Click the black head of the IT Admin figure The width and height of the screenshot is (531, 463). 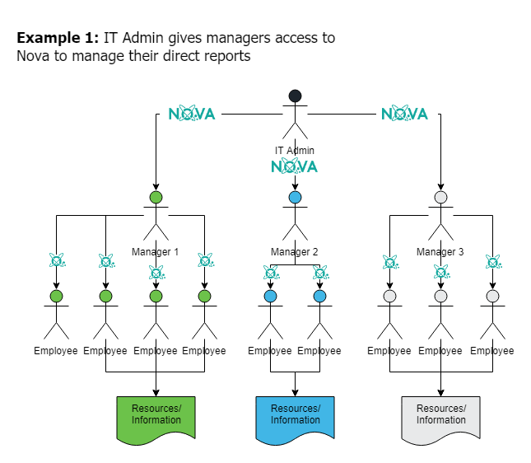295,96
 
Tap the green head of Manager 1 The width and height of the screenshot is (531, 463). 156,198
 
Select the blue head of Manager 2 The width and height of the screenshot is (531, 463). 295,198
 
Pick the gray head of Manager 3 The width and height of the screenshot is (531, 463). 440,198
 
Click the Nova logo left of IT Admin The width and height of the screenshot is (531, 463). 192,114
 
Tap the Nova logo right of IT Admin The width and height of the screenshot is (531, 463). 404,114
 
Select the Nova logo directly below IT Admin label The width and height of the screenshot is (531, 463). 294,166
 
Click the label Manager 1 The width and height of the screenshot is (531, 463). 155,251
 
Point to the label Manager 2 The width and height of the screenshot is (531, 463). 295,251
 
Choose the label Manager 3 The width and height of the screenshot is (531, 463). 440,251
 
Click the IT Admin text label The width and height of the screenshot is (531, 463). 295,151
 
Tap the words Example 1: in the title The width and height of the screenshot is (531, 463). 58,39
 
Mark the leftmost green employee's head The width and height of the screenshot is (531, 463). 56,296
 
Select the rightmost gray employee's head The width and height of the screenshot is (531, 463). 492,296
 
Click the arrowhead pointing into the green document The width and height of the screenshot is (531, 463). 156,391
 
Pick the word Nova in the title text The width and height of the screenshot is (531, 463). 34,57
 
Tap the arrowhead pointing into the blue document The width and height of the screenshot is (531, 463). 296,391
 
